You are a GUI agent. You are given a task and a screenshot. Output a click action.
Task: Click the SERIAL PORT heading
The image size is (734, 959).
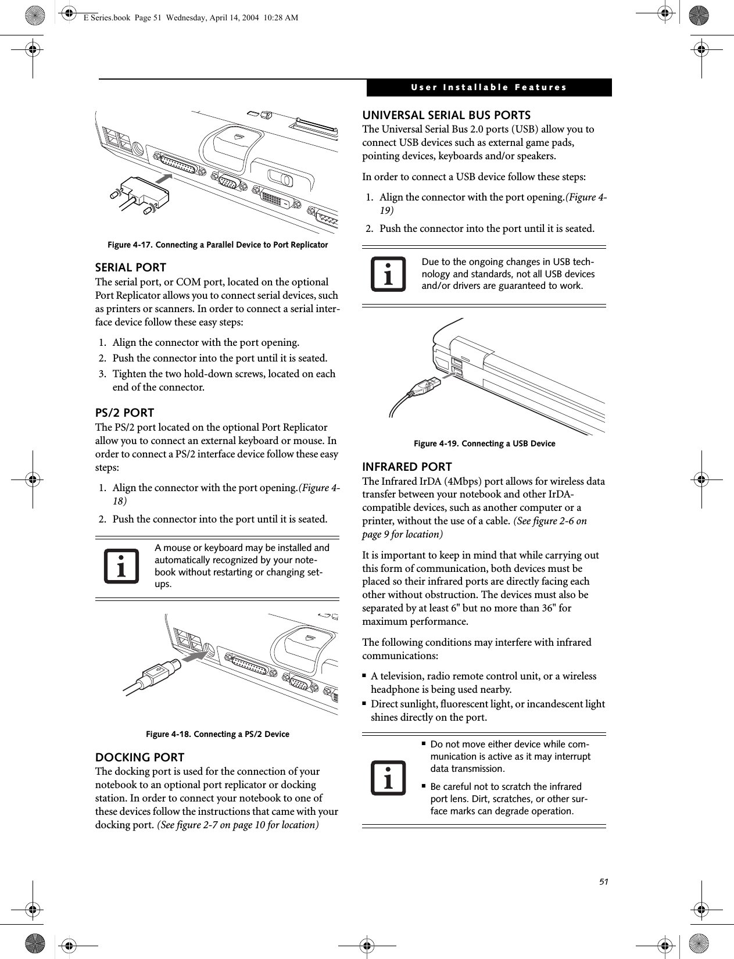point(130,268)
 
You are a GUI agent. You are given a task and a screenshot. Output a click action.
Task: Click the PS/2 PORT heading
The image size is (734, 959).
point(124,413)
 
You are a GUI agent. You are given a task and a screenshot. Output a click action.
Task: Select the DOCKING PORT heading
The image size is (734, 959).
point(139,758)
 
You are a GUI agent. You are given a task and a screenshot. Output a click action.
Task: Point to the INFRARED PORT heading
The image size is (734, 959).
point(407,467)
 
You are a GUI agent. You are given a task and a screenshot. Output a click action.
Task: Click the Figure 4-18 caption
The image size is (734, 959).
point(217,734)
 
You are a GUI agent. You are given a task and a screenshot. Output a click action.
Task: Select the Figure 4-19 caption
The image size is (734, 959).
point(484,444)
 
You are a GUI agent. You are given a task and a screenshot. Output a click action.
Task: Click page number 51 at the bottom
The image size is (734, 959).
point(604,882)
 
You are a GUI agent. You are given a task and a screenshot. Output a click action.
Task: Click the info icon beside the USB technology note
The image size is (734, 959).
point(388,275)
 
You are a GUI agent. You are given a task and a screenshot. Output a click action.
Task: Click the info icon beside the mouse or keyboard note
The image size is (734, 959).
point(121,566)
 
